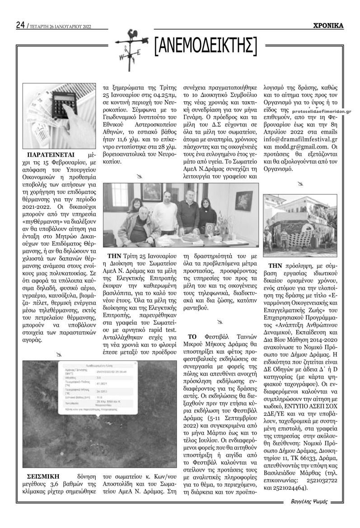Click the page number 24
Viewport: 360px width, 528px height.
[x=20, y=25]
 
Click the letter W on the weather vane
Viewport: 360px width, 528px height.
[x=122, y=57]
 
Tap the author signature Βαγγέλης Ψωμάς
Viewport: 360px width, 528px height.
[x=309, y=500]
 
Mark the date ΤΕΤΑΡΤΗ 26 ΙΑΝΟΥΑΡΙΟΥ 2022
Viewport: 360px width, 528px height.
[x=60, y=27]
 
